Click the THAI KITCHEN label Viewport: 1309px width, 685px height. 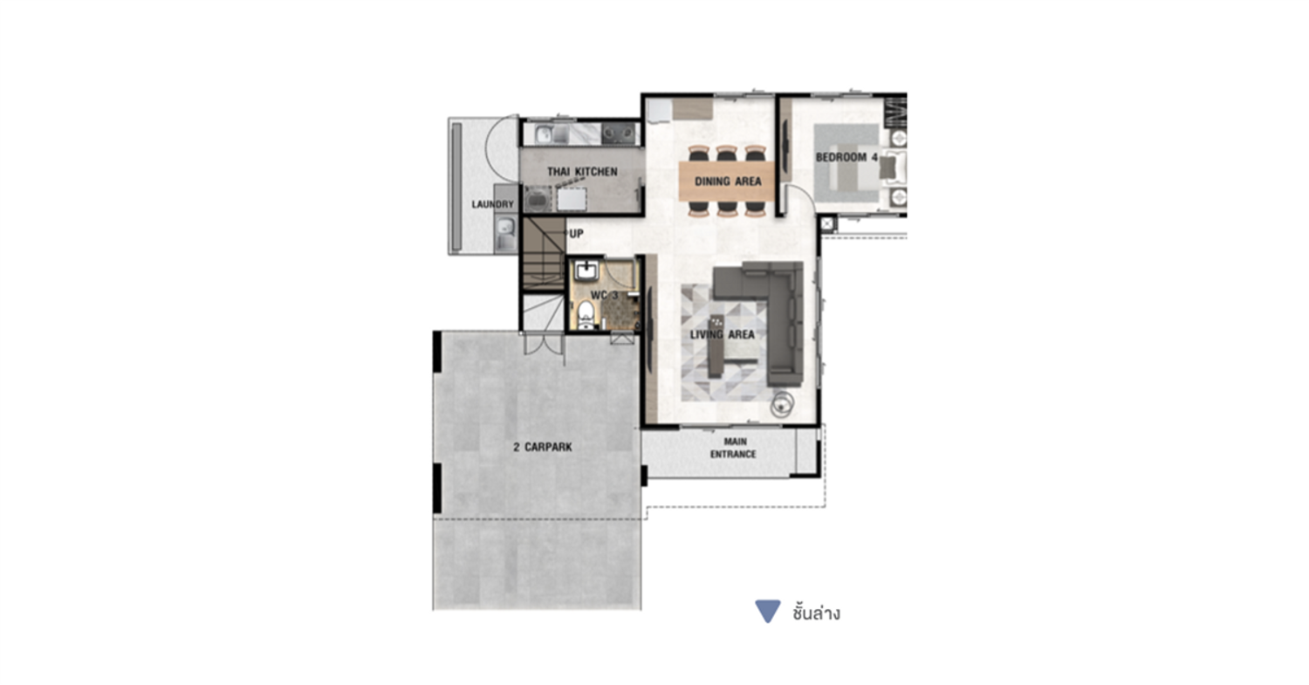[582, 172]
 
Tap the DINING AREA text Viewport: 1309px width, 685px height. [728, 182]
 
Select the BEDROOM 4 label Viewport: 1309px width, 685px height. [846, 157]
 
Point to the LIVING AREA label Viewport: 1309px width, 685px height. [723, 335]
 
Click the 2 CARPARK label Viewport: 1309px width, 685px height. [542, 447]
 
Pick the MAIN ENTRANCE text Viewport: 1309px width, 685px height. [733, 448]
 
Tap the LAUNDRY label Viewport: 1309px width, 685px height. [493, 204]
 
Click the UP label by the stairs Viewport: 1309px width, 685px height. [577, 234]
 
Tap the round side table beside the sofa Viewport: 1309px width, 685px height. [782, 404]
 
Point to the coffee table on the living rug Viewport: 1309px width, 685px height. [716, 346]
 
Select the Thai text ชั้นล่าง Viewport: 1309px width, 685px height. [816, 613]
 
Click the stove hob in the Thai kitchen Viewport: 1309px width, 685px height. [619, 134]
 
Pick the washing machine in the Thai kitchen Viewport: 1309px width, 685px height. [538, 199]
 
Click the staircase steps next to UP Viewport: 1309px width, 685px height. [544, 254]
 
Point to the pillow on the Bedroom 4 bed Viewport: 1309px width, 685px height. [888, 168]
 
